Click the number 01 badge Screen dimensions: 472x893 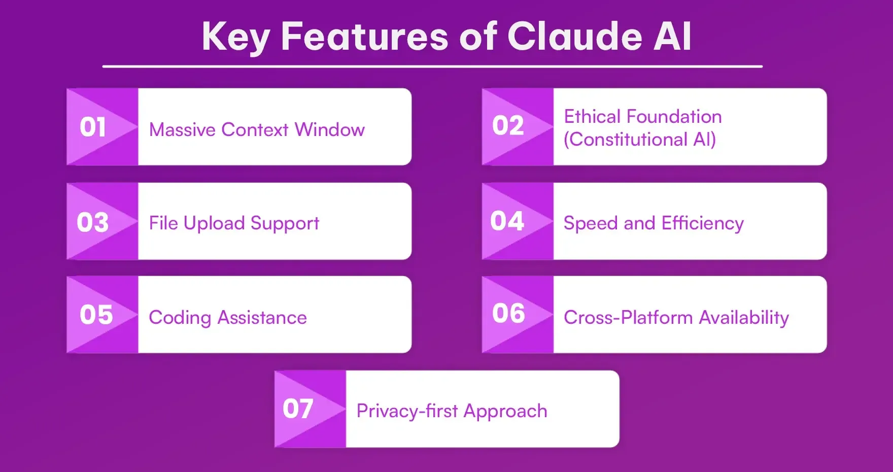pyautogui.click(x=93, y=127)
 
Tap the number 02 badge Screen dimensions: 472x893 pyautogui.click(x=508, y=126)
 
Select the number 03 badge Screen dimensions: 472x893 pyautogui.click(x=93, y=222)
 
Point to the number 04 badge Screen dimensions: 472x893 pyautogui.click(x=507, y=221)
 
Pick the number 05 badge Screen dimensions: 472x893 pyautogui.click(x=96, y=315)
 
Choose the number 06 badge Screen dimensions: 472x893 pyautogui.click(x=508, y=313)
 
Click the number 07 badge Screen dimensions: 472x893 pyautogui.click(x=298, y=409)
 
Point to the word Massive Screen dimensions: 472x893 pyautogui.click(x=183, y=130)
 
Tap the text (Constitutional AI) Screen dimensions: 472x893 pyautogui.click(x=640, y=140)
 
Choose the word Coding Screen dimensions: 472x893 pyautogui.click(x=180, y=318)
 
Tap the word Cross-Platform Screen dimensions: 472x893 pyautogui.click(x=628, y=318)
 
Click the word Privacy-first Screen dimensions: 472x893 pyautogui.click(x=407, y=411)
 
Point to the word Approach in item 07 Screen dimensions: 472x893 pyautogui.click(x=505, y=412)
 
